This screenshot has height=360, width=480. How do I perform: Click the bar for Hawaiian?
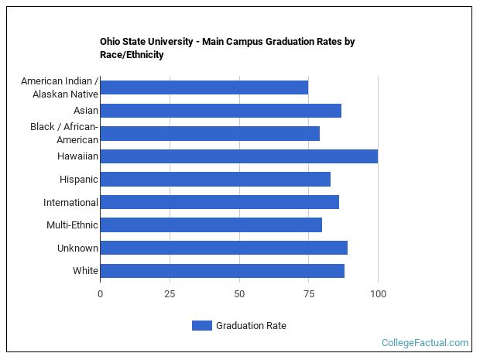(238, 156)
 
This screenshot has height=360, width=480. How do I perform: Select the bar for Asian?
(221, 111)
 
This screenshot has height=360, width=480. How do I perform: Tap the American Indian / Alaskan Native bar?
(204, 87)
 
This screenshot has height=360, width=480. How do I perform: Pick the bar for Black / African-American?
(210, 133)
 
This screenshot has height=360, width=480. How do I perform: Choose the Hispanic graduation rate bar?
(215, 180)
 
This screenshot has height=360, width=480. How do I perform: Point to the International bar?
(219, 202)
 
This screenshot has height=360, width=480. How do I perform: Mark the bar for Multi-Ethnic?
(211, 225)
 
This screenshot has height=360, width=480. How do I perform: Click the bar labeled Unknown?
(224, 248)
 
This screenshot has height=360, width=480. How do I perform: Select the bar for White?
(222, 271)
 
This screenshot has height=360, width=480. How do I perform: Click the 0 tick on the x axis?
(100, 294)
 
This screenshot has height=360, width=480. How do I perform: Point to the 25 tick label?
(170, 294)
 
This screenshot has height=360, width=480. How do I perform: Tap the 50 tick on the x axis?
(239, 294)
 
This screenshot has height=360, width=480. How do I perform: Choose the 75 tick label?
(308, 294)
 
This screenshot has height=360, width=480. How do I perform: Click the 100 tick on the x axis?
(378, 294)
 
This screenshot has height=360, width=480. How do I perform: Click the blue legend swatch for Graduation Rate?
(201, 326)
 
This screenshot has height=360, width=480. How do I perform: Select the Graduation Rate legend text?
(251, 326)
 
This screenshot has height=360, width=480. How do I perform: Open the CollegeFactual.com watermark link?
(425, 342)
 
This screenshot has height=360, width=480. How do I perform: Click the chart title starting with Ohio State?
(227, 48)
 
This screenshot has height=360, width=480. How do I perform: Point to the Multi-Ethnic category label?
(72, 225)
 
